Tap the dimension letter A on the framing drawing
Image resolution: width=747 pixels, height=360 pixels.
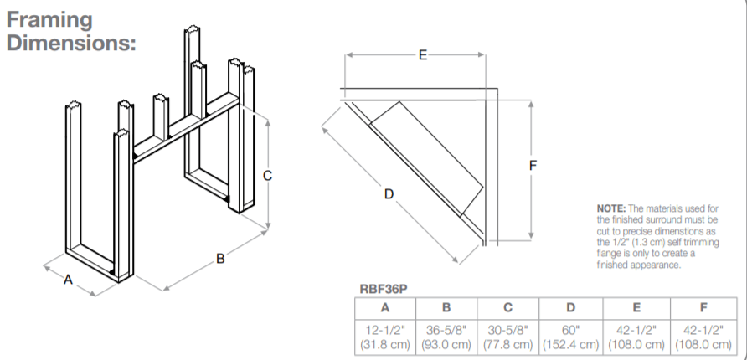[x=68, y=280]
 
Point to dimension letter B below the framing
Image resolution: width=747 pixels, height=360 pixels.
[x=220, y=259]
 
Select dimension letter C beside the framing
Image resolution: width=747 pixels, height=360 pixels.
[x=267, y=176]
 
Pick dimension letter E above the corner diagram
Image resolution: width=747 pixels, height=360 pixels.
[x=422, y=55]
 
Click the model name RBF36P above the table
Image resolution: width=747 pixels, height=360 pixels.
[x=384, y=290]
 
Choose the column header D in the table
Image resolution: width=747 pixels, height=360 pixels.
[x=570, y=307]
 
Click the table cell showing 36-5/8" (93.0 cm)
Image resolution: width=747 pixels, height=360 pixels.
[x=447, y=337]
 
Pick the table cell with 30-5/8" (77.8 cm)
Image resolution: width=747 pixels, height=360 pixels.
[x=508, y=337]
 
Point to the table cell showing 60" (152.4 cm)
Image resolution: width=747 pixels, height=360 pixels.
[x=570, y=337]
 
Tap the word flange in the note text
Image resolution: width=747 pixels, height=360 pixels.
[x=612, y=252]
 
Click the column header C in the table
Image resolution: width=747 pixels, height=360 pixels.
[x=508, y=307]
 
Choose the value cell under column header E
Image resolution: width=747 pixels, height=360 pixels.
[x=636, y=337]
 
